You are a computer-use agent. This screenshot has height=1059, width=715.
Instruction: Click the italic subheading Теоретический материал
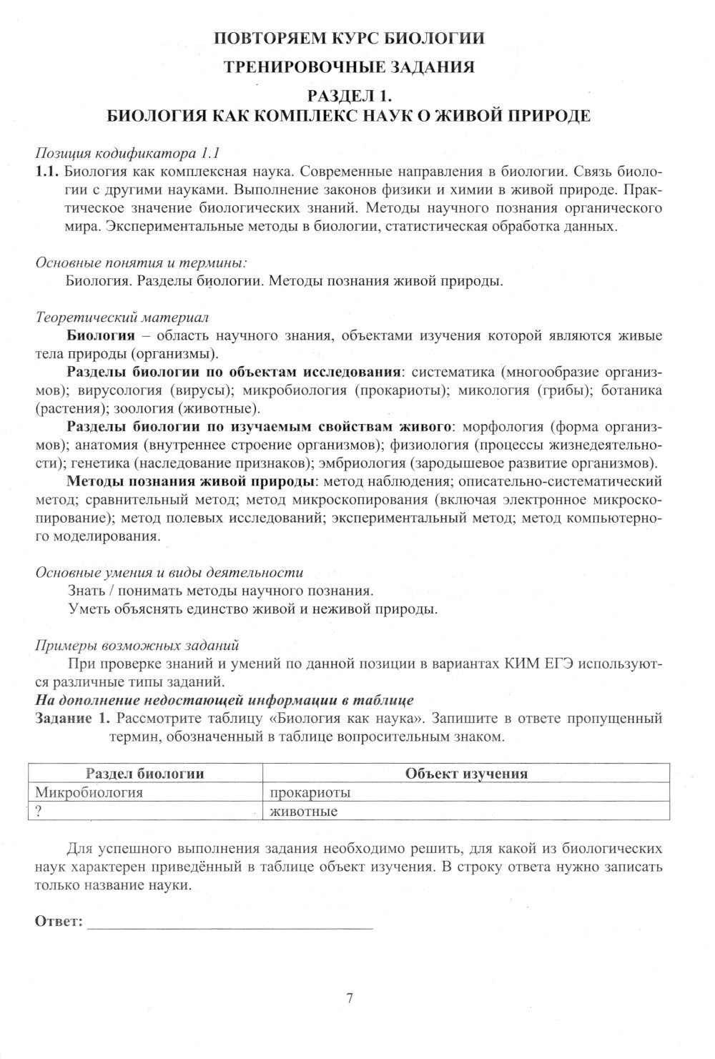point(122,317)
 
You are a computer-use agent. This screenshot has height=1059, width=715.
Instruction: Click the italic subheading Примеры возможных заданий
point(137,645)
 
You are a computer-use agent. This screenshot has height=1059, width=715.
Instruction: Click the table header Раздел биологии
point(144,774)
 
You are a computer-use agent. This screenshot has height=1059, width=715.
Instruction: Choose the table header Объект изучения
point(466,774)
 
